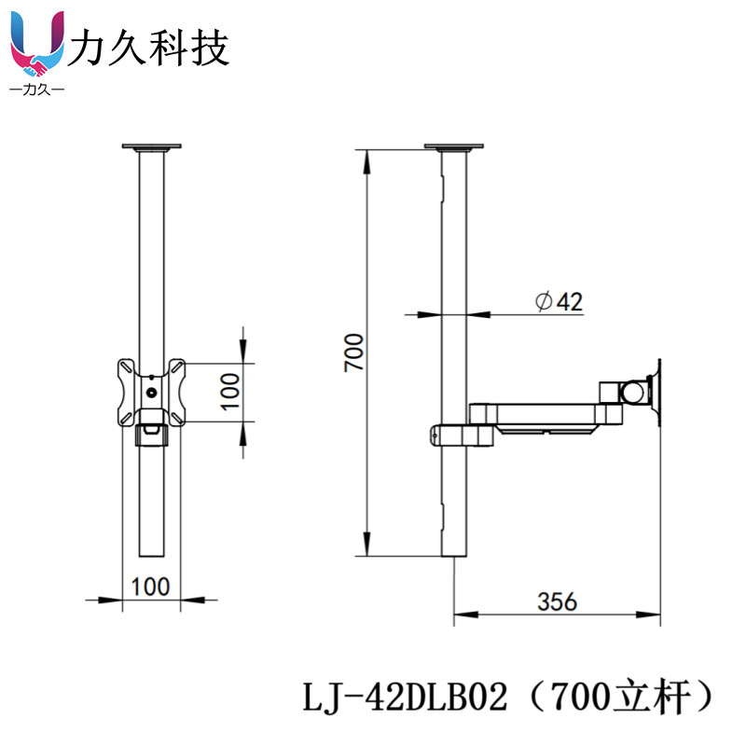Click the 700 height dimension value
pyautogui.click(x=354, y=352)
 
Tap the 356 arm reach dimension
pyautogui.click(x=557, y=601)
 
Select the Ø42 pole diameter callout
pyautogui.click(x=559, y=301)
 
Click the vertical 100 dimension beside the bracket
pyautogui.click(x=229, y=391)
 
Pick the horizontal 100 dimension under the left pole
pyautogui.click(x=150, y=587)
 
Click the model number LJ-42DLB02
pyautogui.click(x=406, y=698)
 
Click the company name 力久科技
pyautogui.click(x=148, y=48)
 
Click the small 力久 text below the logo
pyautogui.click(x=37, y=89)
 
